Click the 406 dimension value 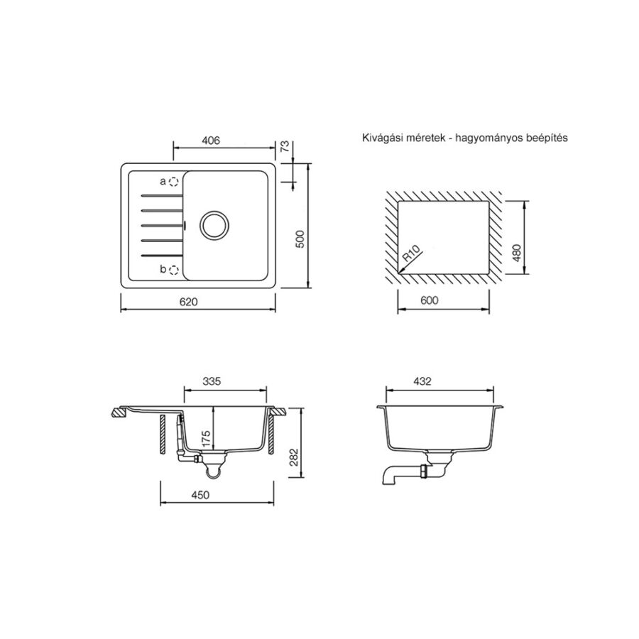tap(211, 140)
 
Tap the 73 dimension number tap(285, 146)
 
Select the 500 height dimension tap(300, 240)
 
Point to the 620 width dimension tap(188, 302)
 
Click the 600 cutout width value tap(430, 300)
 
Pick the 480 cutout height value tap(517, 253)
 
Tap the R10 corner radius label tap(411, 253)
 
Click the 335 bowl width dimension tap(212, 381)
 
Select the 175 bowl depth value tap(205, 438)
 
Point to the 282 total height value tap(294, 457)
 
